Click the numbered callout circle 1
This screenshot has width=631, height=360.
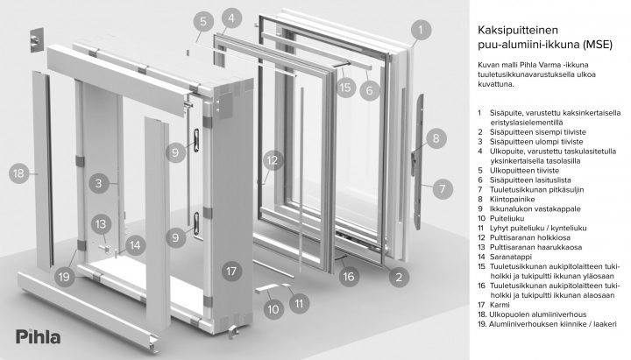421,30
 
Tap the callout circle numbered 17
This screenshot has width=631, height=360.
231,272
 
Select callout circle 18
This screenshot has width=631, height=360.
19,173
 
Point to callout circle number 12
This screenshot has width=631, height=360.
273,160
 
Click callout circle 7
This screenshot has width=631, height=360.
443,188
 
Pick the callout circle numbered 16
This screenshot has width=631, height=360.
349,276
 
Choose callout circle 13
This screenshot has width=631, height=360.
101,224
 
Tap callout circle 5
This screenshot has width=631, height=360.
203,21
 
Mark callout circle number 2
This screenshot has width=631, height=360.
399,277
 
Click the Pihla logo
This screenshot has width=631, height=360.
39,336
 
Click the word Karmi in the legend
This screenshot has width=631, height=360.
500,305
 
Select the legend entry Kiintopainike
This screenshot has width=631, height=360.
512,199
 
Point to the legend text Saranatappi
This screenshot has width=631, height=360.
510,257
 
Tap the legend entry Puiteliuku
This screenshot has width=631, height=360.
507,218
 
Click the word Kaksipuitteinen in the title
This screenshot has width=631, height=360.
512,30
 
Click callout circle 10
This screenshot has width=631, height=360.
273,309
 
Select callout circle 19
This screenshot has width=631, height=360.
64,276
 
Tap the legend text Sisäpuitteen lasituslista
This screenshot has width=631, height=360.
530,180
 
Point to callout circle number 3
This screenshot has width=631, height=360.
99,183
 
